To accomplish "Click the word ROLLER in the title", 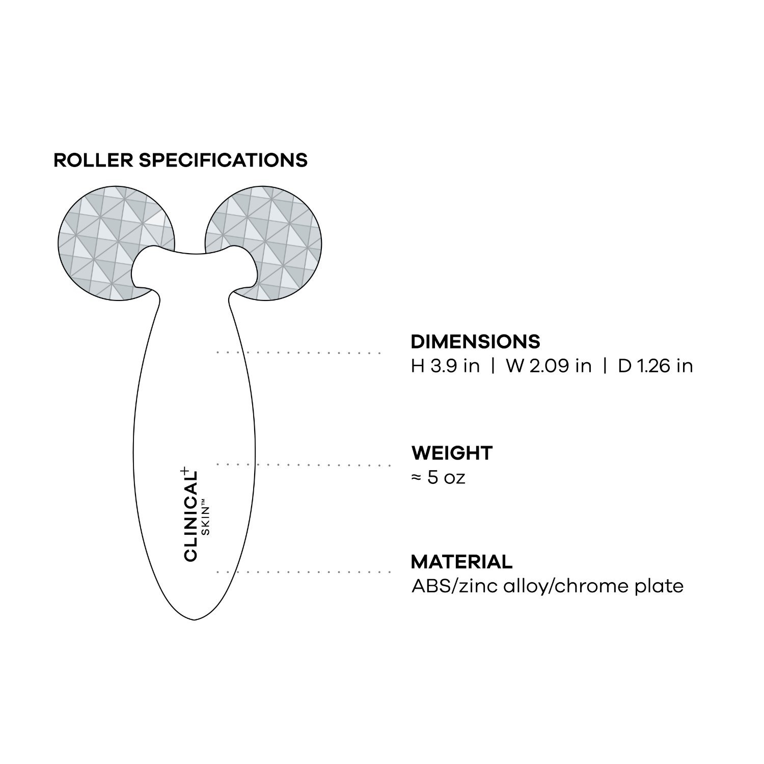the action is (x=93, y=160).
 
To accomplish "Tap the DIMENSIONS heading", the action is (x=475, y=341).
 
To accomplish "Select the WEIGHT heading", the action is (x=452, y=453).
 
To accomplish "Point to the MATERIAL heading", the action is (x=461, y=562).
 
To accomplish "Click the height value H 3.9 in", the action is (x=445, y=366).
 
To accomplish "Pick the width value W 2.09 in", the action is (x=549, y=366).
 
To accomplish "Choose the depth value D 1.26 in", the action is (x=655, y=366).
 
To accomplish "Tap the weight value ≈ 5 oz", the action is (x=438, y=478).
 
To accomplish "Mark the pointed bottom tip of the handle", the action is (x=195, y=619).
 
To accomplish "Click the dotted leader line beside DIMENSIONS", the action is (x=299, y=352).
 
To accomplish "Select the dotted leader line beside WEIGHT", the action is (x=304, y=465).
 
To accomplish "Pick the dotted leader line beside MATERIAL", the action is (x=304, y=572).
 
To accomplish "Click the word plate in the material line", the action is (x=659, y=586).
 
